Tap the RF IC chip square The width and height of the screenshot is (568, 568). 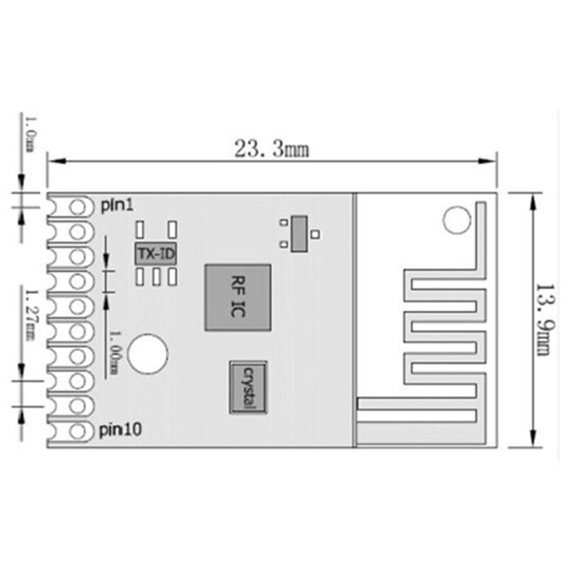pyautogui.click(x=238, y=297)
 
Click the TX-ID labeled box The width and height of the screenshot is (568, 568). pyautogui.click(x=155, y=253)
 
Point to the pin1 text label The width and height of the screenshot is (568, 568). pyautogui.click(x=116, y=205)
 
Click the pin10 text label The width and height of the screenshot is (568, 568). pyautogui.click(x=120, y=429)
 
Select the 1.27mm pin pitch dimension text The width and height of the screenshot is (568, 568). pyautogui.click(x=30, y=314)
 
